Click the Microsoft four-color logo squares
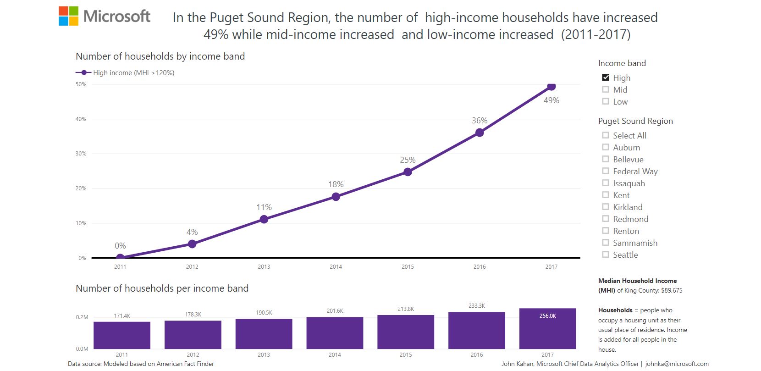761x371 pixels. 69,16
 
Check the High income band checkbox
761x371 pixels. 606,78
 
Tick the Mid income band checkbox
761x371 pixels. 606,89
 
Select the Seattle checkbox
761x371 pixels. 606,255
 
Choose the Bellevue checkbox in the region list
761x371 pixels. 606,159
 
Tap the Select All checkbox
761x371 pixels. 606,135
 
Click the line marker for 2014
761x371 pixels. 336,197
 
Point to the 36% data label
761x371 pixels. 480,121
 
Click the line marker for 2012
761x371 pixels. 192,244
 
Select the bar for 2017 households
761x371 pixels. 547,328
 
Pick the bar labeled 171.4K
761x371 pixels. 122,335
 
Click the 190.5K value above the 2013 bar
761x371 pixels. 264,313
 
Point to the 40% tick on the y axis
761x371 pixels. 81,119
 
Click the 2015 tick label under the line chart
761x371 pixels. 408,267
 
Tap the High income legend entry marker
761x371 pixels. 83,73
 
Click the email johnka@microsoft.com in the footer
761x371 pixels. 677,364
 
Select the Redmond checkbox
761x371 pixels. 606,219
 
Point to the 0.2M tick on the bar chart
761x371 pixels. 82,317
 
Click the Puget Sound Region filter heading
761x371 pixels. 635,121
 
